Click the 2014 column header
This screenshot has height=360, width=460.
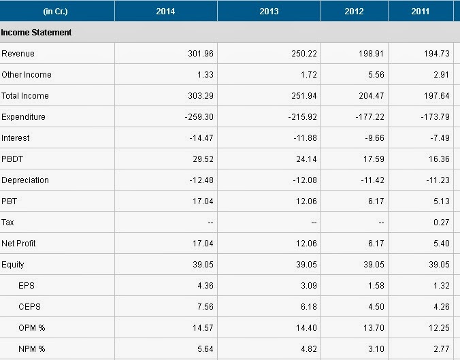point(165,12)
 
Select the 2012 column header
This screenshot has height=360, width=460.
point(354,12)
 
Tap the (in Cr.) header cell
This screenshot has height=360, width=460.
point(55,12)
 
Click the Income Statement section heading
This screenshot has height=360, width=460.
point(36,32)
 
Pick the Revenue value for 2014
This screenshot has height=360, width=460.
point(201,53)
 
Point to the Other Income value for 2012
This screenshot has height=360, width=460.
point(376,75)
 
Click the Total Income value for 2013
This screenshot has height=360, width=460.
point(304,96)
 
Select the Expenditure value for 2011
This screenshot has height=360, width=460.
point(435,117)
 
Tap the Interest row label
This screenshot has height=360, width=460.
point(15,138)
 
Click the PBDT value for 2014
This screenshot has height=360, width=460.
point(203,159)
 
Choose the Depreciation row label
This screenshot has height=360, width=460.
point(25,180)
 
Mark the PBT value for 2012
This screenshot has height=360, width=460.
point(376,201)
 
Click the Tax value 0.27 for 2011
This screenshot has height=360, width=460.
point(442,223)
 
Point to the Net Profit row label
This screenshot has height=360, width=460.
point(18,244)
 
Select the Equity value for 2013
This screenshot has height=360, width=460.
point(307,265)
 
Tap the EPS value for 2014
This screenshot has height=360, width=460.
point(206,286)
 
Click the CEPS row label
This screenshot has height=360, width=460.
point(29,307)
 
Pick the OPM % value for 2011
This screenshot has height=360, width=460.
point(439,328)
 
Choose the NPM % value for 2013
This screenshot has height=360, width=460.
point(309,349)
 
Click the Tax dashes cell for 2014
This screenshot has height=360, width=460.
point(210,223)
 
